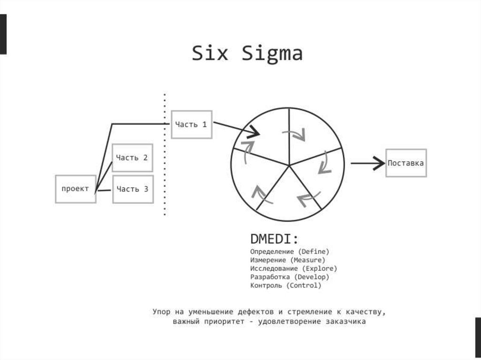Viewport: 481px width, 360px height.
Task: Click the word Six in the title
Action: point(209,53)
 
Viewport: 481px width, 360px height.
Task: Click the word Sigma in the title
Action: point(272,54)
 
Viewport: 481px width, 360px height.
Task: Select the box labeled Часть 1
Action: point(191,124)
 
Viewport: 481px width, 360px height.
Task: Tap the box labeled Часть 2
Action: point(132,158)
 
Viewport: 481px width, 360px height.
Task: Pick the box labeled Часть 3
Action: point(132,189)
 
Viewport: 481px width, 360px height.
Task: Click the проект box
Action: point(75,189)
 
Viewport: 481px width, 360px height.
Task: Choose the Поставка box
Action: point(406,163)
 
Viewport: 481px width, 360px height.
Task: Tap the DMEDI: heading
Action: point(274,239)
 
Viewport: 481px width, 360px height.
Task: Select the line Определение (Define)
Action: point(290,252)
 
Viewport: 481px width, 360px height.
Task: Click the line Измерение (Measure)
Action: point(287,260)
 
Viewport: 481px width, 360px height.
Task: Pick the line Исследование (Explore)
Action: point(294,268)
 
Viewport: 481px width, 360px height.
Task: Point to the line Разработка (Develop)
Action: point(290,277)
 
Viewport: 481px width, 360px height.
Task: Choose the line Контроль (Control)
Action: point(286,285)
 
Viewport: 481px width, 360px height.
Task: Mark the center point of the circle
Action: point(288,164)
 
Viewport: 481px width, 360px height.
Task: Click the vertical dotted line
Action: point(164,155)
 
